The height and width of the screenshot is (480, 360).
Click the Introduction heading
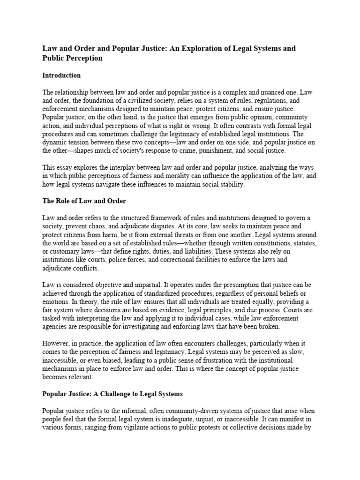pos(61,75)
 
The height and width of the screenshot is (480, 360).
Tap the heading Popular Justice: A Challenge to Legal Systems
pos(112,393)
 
